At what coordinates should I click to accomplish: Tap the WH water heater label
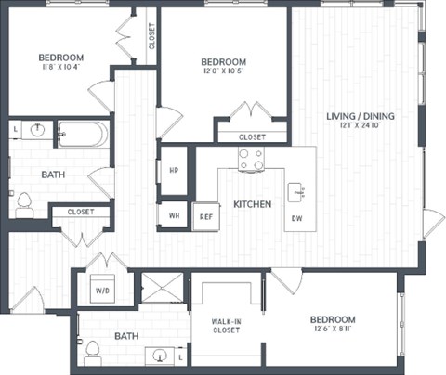(174, 215)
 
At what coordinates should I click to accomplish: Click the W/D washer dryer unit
(100, 288)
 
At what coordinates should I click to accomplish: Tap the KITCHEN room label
(252, 203)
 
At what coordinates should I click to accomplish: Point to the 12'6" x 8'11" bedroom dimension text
(333, 330)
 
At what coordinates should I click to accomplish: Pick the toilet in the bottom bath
(92, 352)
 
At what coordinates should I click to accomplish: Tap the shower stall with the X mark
(161, 289)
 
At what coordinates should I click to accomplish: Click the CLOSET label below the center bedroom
(251, 136)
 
